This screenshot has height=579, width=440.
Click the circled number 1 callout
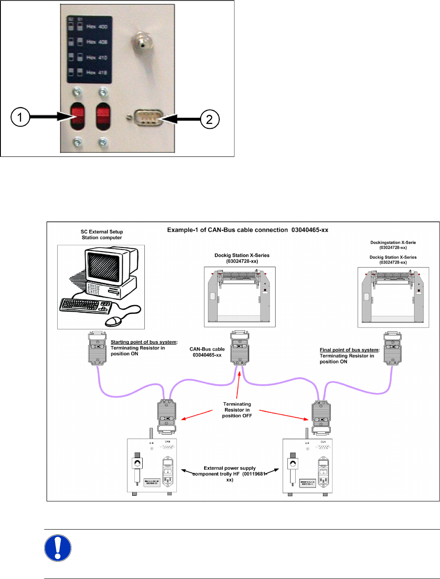pos(20,117)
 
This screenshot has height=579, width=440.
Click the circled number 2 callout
pos(210,119)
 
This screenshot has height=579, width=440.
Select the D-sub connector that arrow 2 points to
pos(148,117)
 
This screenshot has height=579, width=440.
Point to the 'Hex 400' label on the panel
pos(97,27)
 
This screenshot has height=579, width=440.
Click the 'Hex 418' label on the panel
pos(97,72)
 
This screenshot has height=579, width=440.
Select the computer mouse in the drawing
pos(114,321)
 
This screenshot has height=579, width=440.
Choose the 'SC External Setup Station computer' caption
pos(102,235)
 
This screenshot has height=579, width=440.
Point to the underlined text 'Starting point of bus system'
pos(143,342)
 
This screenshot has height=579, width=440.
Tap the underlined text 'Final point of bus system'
pos(349,350)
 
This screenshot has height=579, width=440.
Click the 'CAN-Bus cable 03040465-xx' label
pos(207,352)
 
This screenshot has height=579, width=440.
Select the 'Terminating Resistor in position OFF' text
pos(237,410)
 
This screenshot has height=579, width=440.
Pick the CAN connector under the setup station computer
pos(97,348)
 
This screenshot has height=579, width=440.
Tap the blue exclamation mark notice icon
pos(58,548)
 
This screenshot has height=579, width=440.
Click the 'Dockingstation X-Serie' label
pos(393,243)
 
